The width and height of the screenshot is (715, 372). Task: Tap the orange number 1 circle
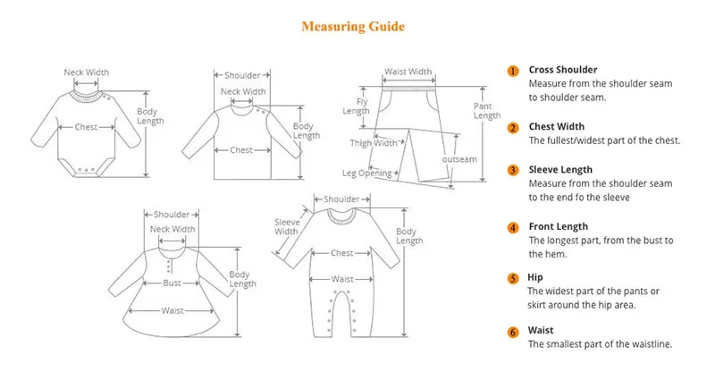tap(513, 71)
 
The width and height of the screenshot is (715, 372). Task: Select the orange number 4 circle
tap(513, 228)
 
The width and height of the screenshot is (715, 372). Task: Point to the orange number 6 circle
tap(513, 332)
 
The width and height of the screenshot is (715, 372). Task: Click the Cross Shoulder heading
tap(563, 70)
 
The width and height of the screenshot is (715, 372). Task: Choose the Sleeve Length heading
tap(560, 169)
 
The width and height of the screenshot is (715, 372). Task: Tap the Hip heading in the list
tap(535, 277)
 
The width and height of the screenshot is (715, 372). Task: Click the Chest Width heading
tap(558, 127)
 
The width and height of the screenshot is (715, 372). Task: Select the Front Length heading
tap(559, 227)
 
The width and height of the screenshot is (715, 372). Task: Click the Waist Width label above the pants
tap(408, 72)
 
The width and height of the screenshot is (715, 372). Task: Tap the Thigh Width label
tap(374, 143)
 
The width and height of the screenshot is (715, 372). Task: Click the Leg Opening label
tap(367, 173)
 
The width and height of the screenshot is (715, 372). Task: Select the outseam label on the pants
tap(459, 160)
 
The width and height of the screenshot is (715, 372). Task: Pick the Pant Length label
tap(487, 110)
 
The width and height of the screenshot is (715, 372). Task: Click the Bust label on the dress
tap(172, 283)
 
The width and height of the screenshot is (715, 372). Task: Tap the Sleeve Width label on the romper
tap(287, 227)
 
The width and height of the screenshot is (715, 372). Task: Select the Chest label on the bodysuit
tap(86, 127)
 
